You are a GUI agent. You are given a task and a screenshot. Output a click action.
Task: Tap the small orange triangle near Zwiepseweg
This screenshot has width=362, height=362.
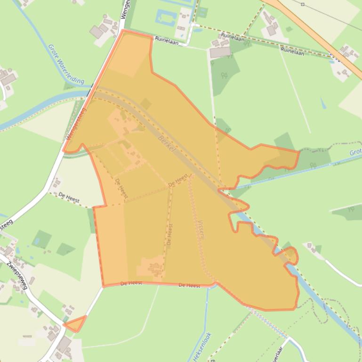76,324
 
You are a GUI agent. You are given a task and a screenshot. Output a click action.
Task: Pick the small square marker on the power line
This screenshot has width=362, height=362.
302,5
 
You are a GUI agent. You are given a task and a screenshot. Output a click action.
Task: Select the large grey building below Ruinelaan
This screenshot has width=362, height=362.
220,52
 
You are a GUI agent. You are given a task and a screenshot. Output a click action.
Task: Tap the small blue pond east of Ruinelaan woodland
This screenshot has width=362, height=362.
323,103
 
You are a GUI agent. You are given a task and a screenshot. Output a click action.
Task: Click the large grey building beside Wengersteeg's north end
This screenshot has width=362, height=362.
97,32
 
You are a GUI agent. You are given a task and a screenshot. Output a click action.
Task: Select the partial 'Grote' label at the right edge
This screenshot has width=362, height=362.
355,152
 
